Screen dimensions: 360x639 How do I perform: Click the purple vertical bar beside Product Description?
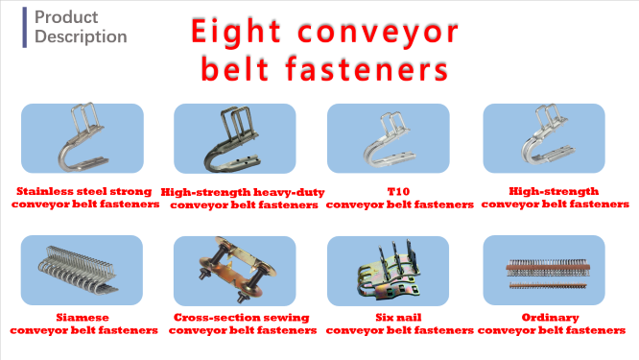(x=24, y=27)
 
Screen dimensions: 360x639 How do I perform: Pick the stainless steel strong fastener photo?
(x=83, y=139)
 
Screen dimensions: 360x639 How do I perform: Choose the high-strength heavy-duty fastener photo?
(x=235, y=139)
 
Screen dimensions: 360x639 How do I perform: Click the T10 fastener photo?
(x=389, y=139)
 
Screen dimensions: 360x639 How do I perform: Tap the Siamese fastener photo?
(x=83, y=270)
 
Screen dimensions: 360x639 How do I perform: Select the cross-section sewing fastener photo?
(x=235, y=270)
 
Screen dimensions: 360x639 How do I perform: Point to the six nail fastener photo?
(x=389, y=270)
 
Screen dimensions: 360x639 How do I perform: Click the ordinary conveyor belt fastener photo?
(x=544, y=270)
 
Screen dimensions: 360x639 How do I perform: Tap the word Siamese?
(x=84, y=317)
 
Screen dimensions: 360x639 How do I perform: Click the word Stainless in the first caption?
(x=45, y=191)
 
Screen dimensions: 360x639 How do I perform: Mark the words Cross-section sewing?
(x=243, y=317)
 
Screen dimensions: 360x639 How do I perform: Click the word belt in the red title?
(x=239, y=69)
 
